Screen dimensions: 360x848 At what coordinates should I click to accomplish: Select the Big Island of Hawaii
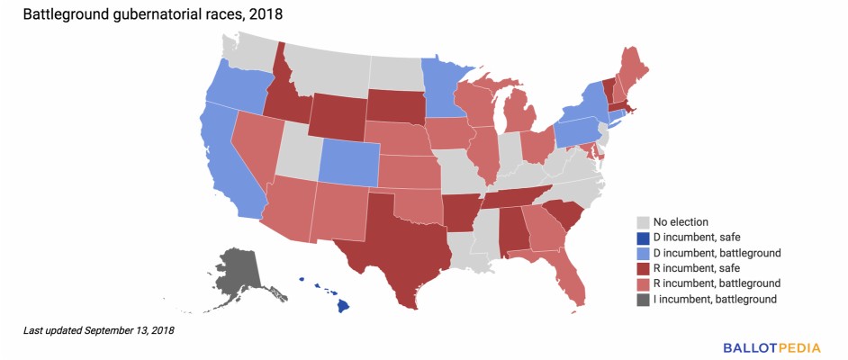pos(343,306)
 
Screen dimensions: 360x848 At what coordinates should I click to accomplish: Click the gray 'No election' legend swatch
pos(643,221)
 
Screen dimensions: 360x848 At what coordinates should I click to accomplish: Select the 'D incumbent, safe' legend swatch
pos(643,237)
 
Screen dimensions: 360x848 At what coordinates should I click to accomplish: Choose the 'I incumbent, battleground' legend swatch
pos(643,298)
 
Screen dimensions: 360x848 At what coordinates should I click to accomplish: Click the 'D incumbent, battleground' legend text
pos(716,252)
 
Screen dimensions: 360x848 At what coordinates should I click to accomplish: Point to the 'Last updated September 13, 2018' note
pos(99,331)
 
